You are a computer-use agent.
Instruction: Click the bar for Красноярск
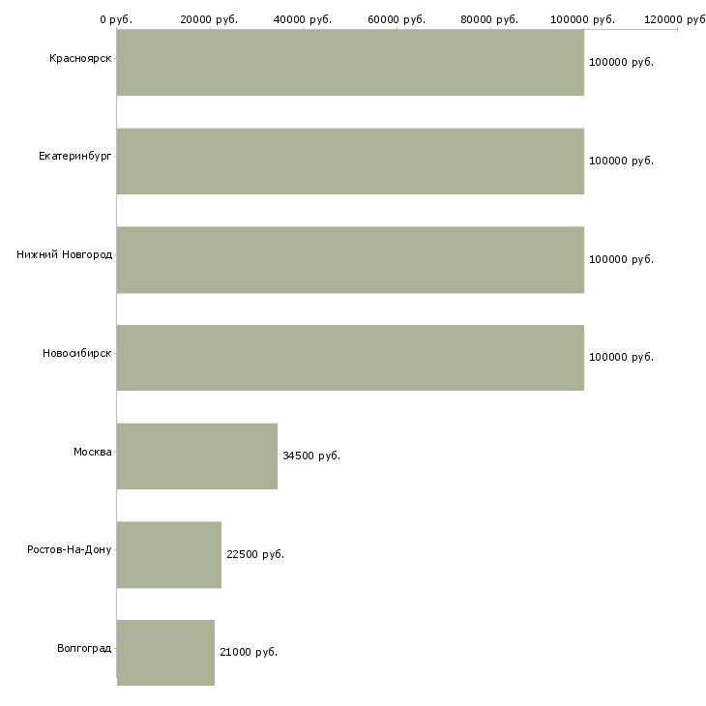click(350, 62)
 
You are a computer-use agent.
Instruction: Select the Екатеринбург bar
click(350, 162)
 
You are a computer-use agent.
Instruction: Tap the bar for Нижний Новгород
click(350, 260)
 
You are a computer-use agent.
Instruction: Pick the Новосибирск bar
click(350, 358)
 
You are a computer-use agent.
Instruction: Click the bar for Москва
click(197, 456)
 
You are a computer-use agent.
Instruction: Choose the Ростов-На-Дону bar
click(169, 555)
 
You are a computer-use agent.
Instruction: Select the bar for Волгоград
click(165, 653)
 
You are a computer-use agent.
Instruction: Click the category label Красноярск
click(80, 59)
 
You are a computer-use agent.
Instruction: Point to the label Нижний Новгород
click(64, 254)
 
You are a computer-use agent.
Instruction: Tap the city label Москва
click(92, 452)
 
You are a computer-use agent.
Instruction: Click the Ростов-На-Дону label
click(69, 549)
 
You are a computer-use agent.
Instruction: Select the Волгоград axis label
click(84, 648)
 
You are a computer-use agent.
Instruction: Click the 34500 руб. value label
click(311, 456)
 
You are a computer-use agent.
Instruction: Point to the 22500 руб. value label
click(255, 554)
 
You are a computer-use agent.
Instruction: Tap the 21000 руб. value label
click(249, 652)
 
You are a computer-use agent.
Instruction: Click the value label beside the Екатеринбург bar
click(621, 161)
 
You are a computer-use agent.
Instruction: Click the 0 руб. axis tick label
click(116, 19)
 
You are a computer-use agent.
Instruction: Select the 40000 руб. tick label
click(303, 19)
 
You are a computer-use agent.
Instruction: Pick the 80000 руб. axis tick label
click(489, 19)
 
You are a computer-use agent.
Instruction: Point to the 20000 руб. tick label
click(209, 19)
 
